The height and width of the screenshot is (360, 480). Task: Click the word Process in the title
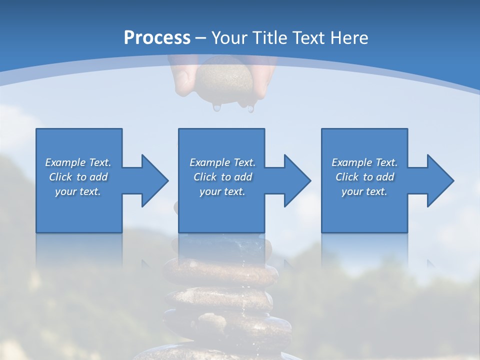(x=157, y=38)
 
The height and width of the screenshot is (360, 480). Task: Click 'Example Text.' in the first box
(x=78, y=162)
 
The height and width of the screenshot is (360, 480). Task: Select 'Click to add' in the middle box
(x=222, y=177)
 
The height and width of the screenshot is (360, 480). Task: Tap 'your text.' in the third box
(x=364, y=191)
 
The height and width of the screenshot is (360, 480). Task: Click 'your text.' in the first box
(x=78, y=191)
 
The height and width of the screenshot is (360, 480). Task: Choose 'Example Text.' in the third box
(x=364, y=162)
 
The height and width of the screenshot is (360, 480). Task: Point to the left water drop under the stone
(x=216, y=107)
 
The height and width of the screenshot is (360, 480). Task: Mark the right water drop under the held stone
(x=250, y=107)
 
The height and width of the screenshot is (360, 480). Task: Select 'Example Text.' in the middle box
(x=222, y=162)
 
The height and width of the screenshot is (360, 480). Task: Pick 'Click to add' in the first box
(x=78, y=177)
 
